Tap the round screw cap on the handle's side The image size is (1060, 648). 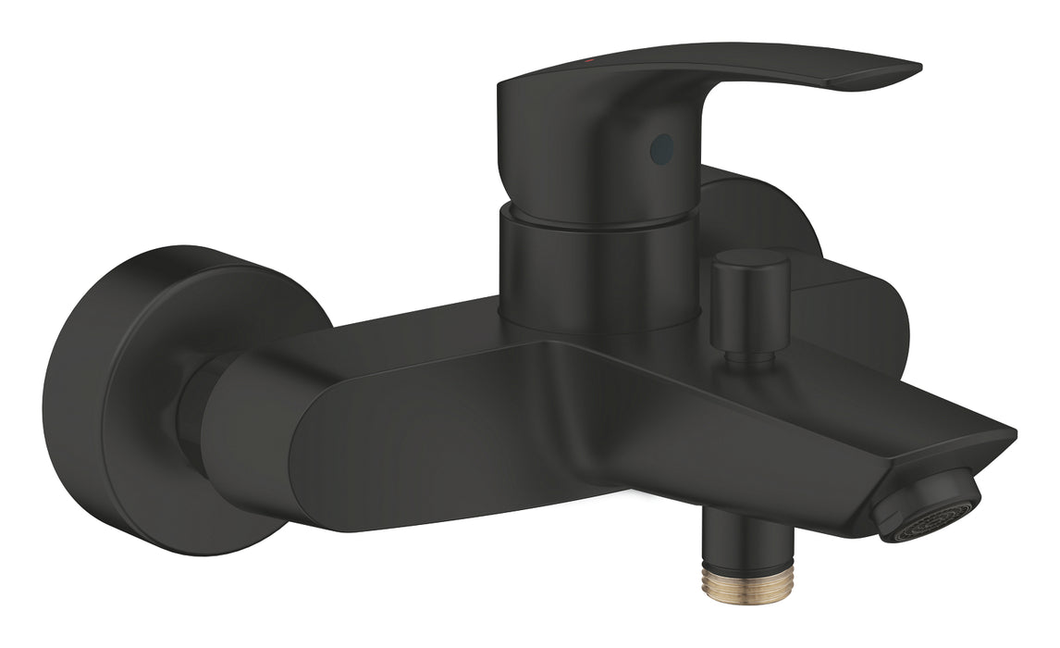(x=659, y=144)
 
